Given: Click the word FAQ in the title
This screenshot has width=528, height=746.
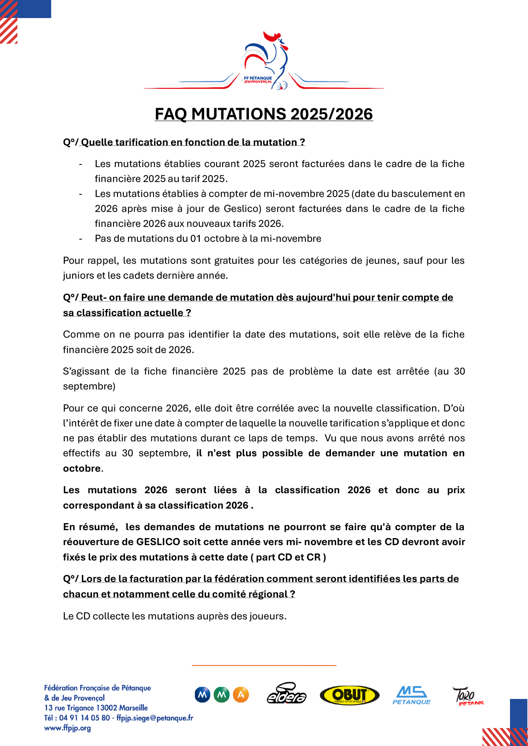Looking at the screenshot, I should point(171,114).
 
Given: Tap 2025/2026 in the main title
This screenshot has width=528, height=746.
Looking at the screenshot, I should point(332,114).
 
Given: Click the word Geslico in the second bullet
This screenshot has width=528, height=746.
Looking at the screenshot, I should point(242,209).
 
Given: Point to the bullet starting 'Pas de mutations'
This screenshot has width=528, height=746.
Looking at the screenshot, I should point(208,239).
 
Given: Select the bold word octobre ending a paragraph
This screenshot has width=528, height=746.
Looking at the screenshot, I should point(82,469).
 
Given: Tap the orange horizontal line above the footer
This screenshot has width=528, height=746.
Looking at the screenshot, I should point(264,666).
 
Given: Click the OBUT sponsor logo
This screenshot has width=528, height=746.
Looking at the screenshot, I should point(349,695).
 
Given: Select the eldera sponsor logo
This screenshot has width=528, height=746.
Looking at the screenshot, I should point(287,694).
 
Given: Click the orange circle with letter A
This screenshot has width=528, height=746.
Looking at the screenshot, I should point(241,695).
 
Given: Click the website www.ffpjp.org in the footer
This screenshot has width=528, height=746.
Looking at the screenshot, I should point(68,728).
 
